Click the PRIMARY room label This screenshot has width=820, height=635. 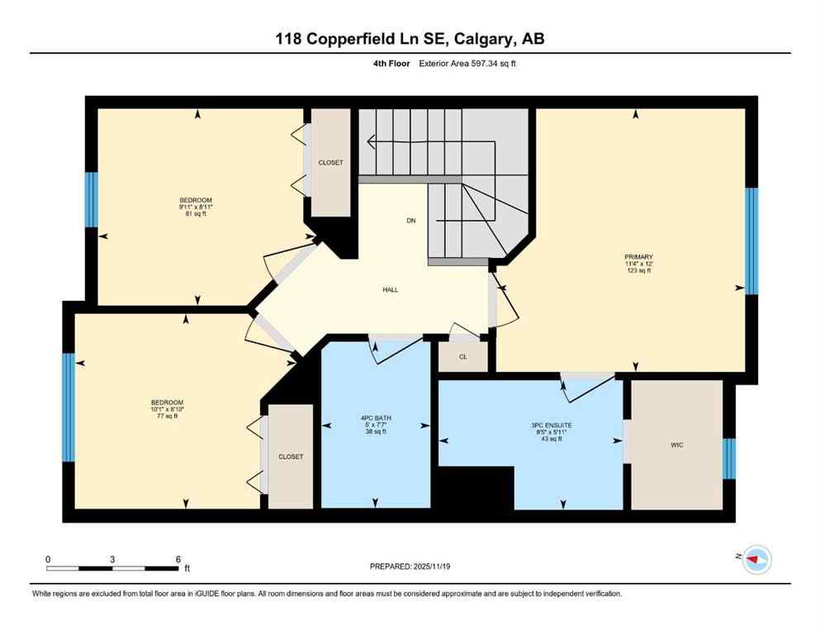[638, 256]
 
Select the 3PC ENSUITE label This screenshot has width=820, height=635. [552, 425]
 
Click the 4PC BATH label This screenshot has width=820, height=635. [376, 418]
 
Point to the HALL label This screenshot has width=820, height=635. [390, 289]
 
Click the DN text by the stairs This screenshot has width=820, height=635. [410, 221]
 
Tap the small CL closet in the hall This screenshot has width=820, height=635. [462, 357]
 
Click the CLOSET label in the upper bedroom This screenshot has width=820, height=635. [329, 163]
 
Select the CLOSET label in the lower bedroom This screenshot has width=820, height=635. [290, 456]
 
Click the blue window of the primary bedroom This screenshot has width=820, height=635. [751, 241]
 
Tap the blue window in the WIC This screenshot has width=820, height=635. [728, 459]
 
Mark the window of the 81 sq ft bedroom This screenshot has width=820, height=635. [92, 199]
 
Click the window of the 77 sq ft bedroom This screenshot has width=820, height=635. [69, 407]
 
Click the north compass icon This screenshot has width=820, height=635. [756, 560]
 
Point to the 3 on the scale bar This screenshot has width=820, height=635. [112, 558]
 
